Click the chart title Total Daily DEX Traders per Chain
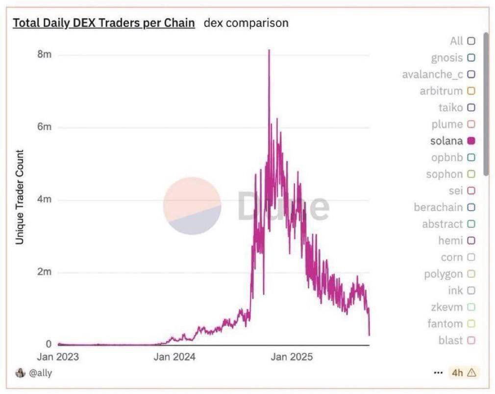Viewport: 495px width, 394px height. tap(103, 23)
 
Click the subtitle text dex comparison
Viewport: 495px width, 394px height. tap(246, 23)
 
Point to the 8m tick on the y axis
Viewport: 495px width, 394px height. tap(44, 54)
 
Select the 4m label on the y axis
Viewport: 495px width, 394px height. tap(44, 200)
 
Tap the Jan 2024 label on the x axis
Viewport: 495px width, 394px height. tap(174, 357)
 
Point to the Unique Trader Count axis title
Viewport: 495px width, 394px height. tap(20, 197)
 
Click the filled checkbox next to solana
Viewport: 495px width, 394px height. tap(471, 141)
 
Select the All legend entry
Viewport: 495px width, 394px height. tap(456, 41)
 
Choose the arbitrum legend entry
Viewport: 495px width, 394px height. tap(441, 91)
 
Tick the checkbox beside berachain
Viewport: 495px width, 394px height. tap(471, 207)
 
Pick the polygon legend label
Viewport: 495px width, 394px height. tap(443, 274)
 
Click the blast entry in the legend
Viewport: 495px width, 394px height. tap(450, 340)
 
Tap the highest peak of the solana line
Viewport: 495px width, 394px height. tap(269, 50)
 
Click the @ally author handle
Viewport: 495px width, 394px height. tap(40, 373)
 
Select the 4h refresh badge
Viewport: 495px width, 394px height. tap(463, 373)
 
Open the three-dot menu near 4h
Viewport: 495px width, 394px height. tap(438, 373)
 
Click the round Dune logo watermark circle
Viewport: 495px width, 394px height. tap(192, 206)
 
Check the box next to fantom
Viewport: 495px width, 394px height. tap(471, 323)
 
